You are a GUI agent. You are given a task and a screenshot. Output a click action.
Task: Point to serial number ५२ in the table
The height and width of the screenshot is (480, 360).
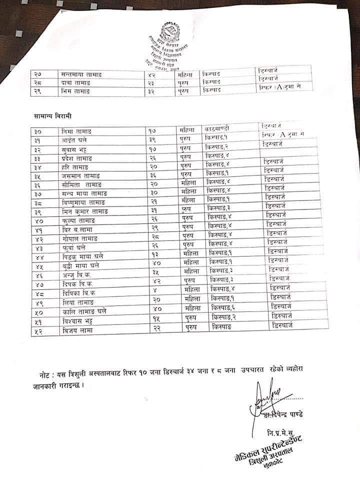click(x=38, y=331)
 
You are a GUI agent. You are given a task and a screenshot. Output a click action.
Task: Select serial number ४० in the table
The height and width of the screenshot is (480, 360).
click(x=38, y=220)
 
